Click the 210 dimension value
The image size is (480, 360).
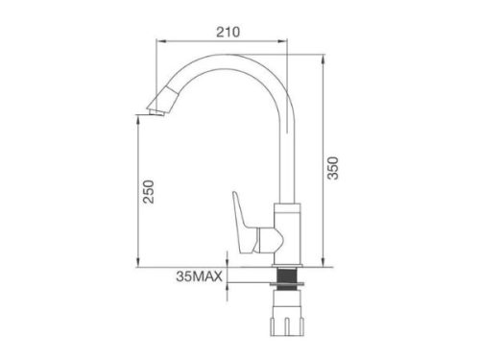pyautogui.click(x=228, y=31)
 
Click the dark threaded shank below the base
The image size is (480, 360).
pyautogui.click(x=286, y=279)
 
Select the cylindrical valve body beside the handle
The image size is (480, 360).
pyautogui.click(x=287, y=230)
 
